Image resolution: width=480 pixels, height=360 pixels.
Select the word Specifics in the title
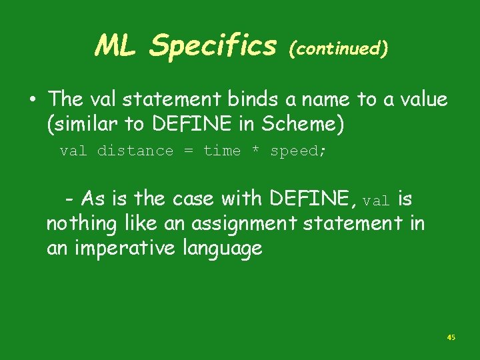pos(213,46)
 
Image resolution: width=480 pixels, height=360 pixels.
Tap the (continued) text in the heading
pos(338,49)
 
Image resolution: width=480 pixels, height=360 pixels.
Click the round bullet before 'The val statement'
pos(32,100)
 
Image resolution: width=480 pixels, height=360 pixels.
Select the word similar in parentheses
pos(83,124)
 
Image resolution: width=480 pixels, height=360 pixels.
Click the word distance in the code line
pos(135,151)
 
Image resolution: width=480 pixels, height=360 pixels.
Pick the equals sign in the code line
pos(189,151)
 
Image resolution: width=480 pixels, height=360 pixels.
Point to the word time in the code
pos(222,151)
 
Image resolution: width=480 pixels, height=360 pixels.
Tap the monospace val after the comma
pos(377,200)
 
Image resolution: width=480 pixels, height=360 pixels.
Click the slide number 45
pos(451,338)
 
